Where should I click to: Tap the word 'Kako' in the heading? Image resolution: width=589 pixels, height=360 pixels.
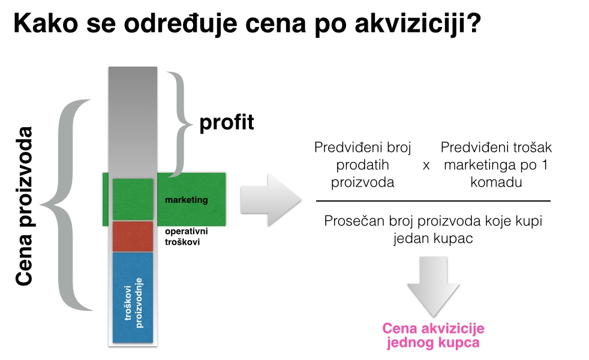46,23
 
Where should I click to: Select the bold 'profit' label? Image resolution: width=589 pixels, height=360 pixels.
227,123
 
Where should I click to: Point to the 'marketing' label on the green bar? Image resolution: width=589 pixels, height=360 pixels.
187,200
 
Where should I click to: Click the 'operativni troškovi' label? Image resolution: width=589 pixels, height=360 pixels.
187,236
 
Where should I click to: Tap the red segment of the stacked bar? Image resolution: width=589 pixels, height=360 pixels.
133,236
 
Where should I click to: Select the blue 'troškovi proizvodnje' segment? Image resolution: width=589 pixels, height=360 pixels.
133,298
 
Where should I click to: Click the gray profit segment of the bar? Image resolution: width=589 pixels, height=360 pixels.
133,120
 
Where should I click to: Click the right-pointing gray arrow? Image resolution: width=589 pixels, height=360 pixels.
271,200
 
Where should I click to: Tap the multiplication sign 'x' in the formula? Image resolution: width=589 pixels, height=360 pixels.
426,166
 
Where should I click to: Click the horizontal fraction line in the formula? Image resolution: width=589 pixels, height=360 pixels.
433,201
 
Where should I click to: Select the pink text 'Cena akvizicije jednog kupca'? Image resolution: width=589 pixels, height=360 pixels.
433,335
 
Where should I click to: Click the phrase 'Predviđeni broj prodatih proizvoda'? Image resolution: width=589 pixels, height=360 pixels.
362,164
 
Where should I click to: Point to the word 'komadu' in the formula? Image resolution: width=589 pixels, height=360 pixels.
496,182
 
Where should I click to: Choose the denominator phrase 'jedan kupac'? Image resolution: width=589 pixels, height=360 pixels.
433,238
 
